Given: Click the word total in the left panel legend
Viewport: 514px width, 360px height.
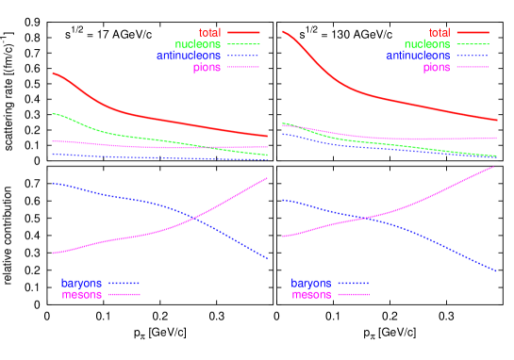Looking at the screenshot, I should [209, 33].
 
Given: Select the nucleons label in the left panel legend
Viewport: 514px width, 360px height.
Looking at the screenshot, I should [198, 44].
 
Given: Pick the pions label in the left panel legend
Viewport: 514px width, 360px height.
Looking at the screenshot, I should [207, 67].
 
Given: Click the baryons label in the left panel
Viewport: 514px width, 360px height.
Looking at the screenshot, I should [82, 283].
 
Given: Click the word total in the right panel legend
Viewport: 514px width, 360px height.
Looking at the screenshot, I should [439, 33].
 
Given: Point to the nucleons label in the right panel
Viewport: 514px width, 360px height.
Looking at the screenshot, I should [427, 44].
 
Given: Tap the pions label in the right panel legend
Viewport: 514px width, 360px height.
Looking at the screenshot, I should [437, 67].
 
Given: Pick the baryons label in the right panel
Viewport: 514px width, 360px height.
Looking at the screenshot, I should [311, 283].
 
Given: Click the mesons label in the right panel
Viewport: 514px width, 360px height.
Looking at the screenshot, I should [312, 295].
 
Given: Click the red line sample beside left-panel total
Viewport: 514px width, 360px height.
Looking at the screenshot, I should [243, 33].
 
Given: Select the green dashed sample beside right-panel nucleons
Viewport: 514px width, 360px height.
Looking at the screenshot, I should [473, 44].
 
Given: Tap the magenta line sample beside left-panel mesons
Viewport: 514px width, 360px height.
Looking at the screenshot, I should [124, 295].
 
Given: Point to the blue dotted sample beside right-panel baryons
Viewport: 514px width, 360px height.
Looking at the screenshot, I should [354, 283].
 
